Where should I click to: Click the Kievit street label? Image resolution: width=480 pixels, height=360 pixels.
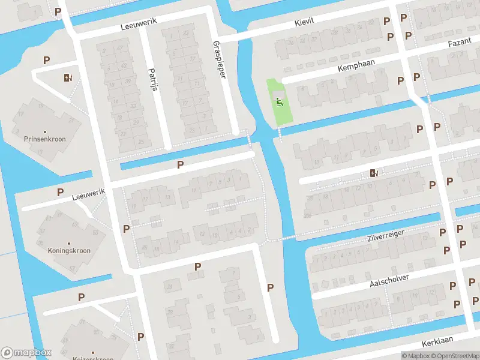coord(304,22)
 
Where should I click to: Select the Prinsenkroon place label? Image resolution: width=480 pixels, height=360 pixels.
coord(44,139)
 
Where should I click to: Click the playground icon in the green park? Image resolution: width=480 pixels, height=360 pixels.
coord(279,101)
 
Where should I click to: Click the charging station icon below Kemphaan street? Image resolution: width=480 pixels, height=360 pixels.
coord(374,173)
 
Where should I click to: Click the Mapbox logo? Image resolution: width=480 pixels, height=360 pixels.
coord(26,353)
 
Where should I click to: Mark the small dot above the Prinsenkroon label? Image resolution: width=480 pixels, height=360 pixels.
coord(44,131)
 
